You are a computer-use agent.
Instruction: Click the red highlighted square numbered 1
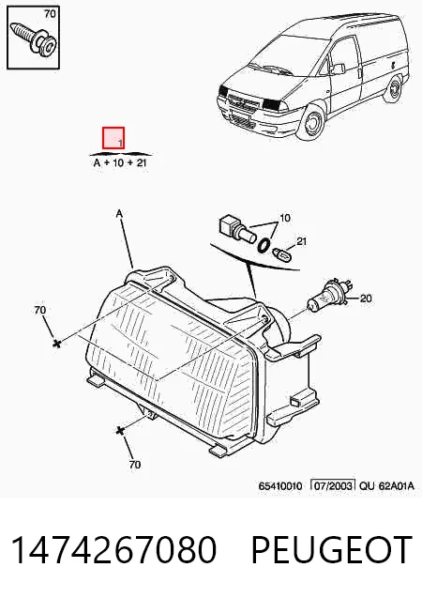pyautogui.click(x=113, y=138)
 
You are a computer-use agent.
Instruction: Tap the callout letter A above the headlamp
pyautogui.click(x=119, y=214)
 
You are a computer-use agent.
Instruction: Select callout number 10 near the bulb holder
pyautogui.click(x=284, y=218)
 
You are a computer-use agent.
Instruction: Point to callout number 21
pyautogui.click(x=301, y=241)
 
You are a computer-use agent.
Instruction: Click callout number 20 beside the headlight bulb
pyautogui.click(x=366, y=298)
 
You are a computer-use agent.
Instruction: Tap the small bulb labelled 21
pyautogui.click(x=282, y=253)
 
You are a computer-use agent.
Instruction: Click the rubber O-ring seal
pyautogui.click(x=264, y=246)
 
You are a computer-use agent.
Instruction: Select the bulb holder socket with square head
pyautogui.click(x=236, y=230)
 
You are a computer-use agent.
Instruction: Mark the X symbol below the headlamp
pyautogui.click(x=120, y=431)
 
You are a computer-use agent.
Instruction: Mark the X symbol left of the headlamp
pyautogui.click(x=57, y=344)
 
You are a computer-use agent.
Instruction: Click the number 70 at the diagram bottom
pyautogui.click(x=135, y=464)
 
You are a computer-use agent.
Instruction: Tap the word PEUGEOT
pyautogui.click(x=332, y=549)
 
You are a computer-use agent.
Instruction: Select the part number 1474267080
pyautogui.click(x=114, y=549)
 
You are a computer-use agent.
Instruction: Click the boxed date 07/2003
pyautogui.click(x=333, y=485)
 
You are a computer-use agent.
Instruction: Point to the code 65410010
pyautogui.click(x=280, y=486)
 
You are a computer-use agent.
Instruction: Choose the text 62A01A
pyautogui.click(x=396, y=485)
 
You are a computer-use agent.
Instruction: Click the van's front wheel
pyautogui.click(x=313, y=122)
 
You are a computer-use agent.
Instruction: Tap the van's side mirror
pyautogui.click(x=337, y=69)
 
